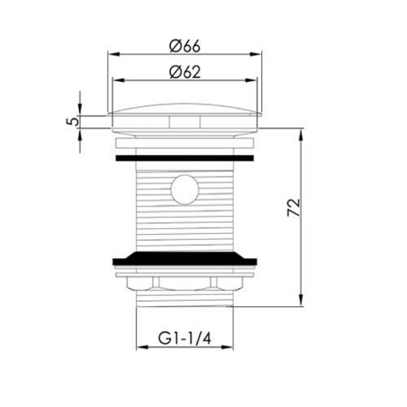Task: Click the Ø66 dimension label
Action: (185, 46)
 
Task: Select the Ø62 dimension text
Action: (185, 72)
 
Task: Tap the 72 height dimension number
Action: (294, 208)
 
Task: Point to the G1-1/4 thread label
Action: (185, 338)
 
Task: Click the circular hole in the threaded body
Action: (185, 189)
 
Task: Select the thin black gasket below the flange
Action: (185, 158)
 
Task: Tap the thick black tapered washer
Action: (185, 258)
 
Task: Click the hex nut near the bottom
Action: (185, 284)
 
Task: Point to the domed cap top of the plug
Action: (185, 109)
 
